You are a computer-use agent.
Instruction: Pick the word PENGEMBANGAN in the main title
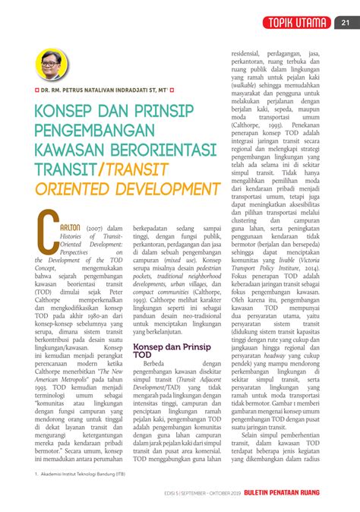(106, 141)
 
